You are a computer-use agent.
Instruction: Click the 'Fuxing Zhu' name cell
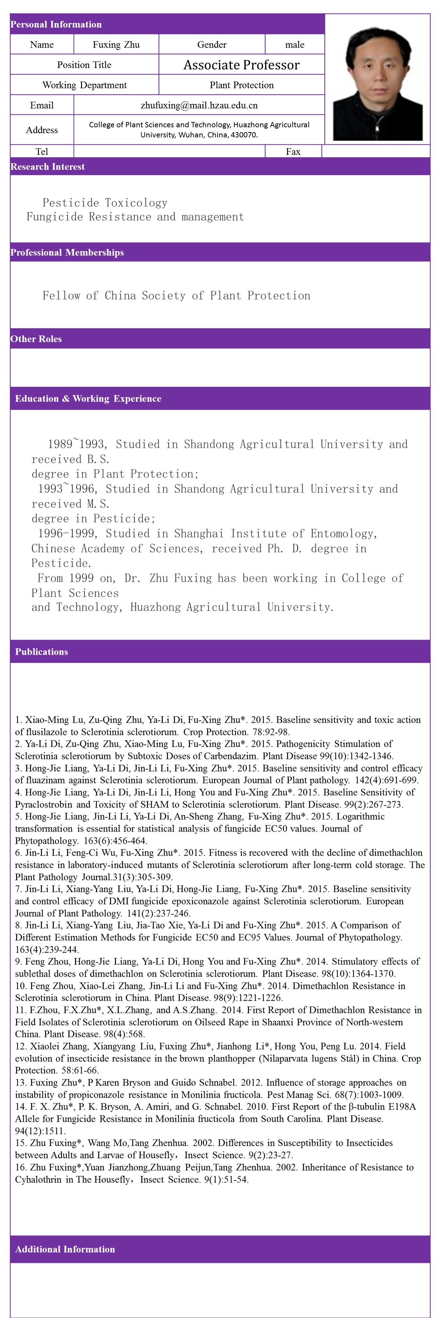pos(116,45)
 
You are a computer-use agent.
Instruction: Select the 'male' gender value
pos(294,45)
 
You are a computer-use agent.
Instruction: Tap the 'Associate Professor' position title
pos(241,65)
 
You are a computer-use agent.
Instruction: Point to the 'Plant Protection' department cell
pos(241,85)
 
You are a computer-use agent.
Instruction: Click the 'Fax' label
pos(293,151)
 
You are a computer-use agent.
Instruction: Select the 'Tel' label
pos(42,151)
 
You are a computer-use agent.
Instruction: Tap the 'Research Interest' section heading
pos(47,167)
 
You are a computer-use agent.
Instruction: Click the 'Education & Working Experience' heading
pos(88,399)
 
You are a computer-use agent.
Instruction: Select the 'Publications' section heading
pos(42,652)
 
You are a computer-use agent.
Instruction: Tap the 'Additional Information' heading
pos(65,1249)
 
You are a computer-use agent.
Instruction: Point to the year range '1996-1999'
pos(67,533)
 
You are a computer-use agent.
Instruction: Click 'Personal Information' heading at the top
pos(56,24)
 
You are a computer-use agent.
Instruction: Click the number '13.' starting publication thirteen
pos(21,1083)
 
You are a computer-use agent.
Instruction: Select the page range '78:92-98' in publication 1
pos(271,732)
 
